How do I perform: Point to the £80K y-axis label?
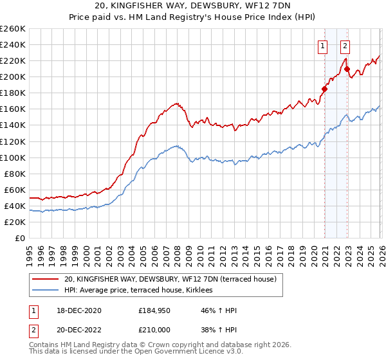pyautogui.click(x=14, y=174)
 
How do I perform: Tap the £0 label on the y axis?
pyautogui.click(x=20, y=238)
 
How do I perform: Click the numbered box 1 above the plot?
pyautogui.click(x=322, y=45)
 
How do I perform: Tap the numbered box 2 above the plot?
pyautogui.click(x=345, y=45)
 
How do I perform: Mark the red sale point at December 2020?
pyautogui.click(x=324, y=89)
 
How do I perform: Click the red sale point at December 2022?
pyautogui.click(x=347, y=69)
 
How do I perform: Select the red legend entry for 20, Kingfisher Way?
pyautogui.click(x=170, y=279)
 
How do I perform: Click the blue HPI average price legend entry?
pyautogui.click(x=143, y=291)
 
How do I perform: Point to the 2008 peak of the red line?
pyautogui.click(x=176, y=102)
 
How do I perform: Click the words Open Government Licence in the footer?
pyautogui.click(x=189, y=353)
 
